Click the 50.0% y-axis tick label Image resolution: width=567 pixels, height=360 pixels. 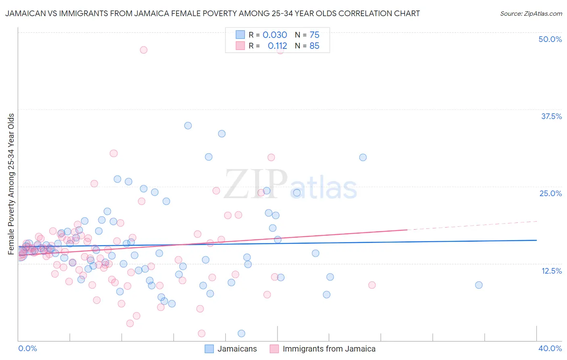tap(550, 39)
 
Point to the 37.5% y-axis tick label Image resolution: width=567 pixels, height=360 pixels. tap(551, 116)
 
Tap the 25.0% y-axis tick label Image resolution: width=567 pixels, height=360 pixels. tap(550, 193)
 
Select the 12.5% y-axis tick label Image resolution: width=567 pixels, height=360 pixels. tap(551, 271)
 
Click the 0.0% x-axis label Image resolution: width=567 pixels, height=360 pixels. tap(27, 348)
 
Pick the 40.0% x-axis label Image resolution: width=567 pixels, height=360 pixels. tap(550, 348)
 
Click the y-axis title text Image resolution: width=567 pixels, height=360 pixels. tap(11, 184)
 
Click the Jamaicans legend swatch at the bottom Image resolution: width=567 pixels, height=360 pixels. tap(209, 349)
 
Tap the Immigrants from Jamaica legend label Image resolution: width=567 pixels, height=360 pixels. tap(329, 349)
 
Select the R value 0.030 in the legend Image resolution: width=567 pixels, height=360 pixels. tap(275, 35)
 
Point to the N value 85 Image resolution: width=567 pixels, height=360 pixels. tap(314, 46)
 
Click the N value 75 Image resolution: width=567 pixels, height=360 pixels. tap(314, 35)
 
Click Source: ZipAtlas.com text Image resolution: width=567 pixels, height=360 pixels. tap(531, 14)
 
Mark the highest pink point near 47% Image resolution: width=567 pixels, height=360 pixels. tap(144, 50)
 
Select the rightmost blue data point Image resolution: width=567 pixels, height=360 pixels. tap(479, 285)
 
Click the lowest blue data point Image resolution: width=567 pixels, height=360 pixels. tap(242, 333)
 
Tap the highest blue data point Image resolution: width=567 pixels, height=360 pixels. tap(188, 126)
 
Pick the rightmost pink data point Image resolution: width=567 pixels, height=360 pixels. tap(372, 285)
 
